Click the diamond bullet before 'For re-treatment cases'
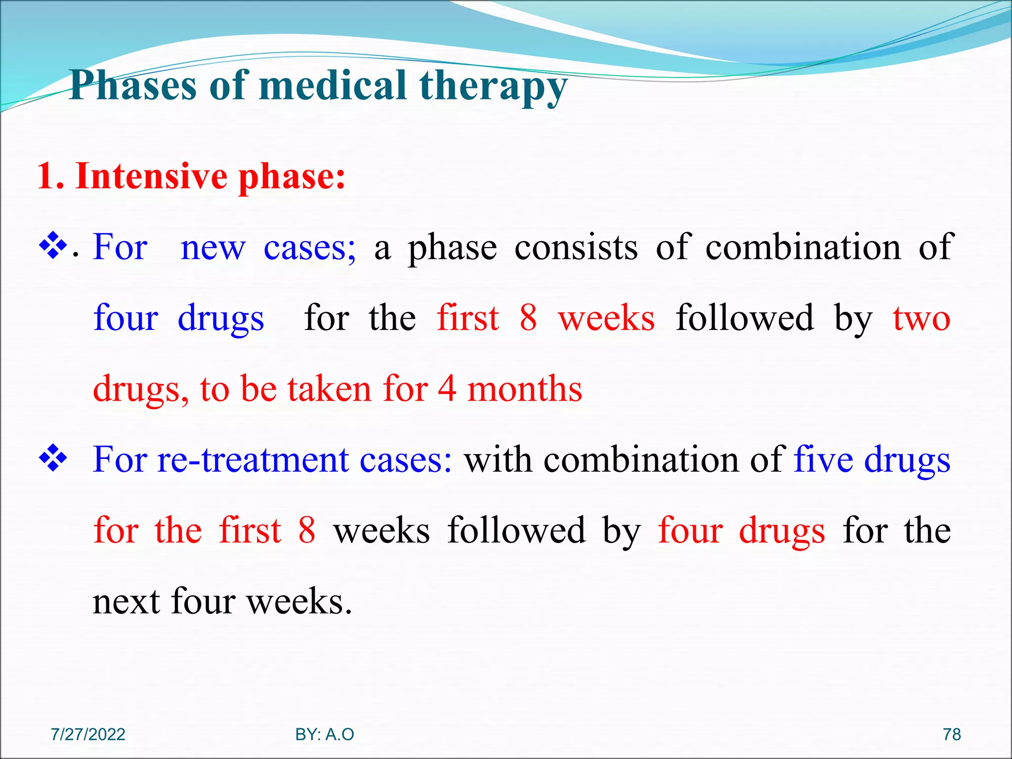[53, 459]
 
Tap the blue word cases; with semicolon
[309, 247]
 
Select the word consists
[576, 247]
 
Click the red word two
[922, 318]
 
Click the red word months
[525, 388]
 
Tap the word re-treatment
[253, 460]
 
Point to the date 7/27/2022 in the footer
[88, 734]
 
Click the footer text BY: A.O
[325, 734]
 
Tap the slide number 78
[952, 734]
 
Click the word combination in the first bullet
[803, 247]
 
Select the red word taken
[329, 388]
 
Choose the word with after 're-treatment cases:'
[499, 460]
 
